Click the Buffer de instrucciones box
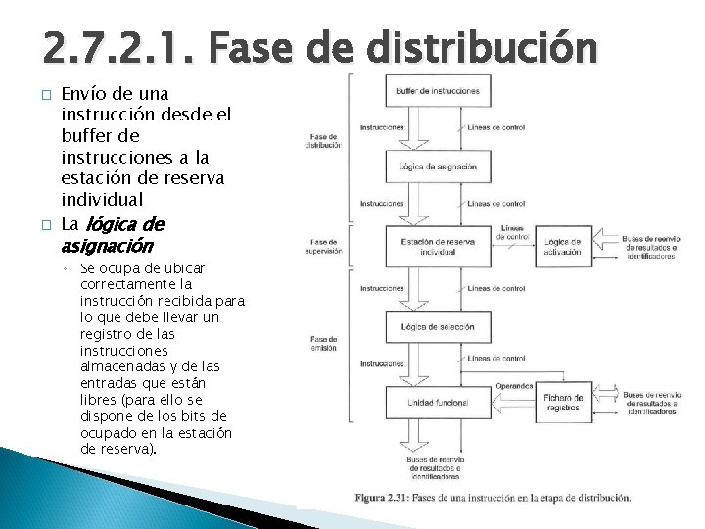click(438, 91)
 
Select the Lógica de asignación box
click(438, 166)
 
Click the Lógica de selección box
click(438, 324)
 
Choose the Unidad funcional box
click(438, 403)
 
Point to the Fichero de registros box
click(563, 402)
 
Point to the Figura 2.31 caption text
click(493, 498)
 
